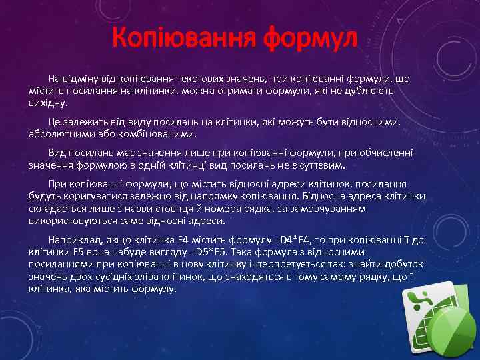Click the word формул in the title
point(310,38)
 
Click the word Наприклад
point(71,239)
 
